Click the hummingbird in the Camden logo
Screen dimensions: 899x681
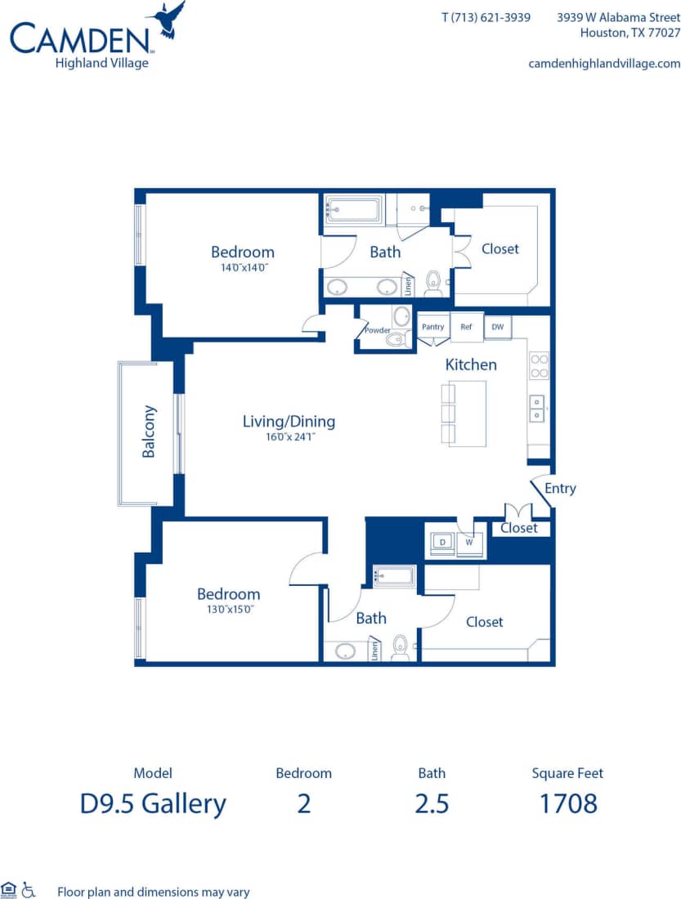point(168,20)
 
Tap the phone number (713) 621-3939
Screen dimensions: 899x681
point(486,17)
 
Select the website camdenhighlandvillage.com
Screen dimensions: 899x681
point(604,63)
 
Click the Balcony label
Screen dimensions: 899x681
point(149,432)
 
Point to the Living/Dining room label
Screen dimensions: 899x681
point(289,422)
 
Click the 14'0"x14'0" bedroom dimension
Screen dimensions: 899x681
point(242,266)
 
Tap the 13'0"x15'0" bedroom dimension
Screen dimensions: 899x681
point(228,609)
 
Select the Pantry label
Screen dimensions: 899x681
point(432,327)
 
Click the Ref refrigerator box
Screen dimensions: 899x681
point(466,327)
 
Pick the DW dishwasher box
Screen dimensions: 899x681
point(496,327)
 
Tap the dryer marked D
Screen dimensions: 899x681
point(442,542)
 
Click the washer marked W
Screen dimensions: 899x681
point(470,542)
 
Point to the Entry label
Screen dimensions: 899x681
point(560,488)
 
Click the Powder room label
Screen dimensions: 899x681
point(377,330)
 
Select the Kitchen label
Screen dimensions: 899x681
point(470,365)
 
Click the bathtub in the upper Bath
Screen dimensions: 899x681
point(354,209)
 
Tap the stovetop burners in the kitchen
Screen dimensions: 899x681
point(539,365)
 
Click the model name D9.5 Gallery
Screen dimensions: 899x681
point(153,803)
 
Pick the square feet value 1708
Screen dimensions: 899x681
point(567,803)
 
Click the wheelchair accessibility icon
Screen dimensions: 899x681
point(29,889)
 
